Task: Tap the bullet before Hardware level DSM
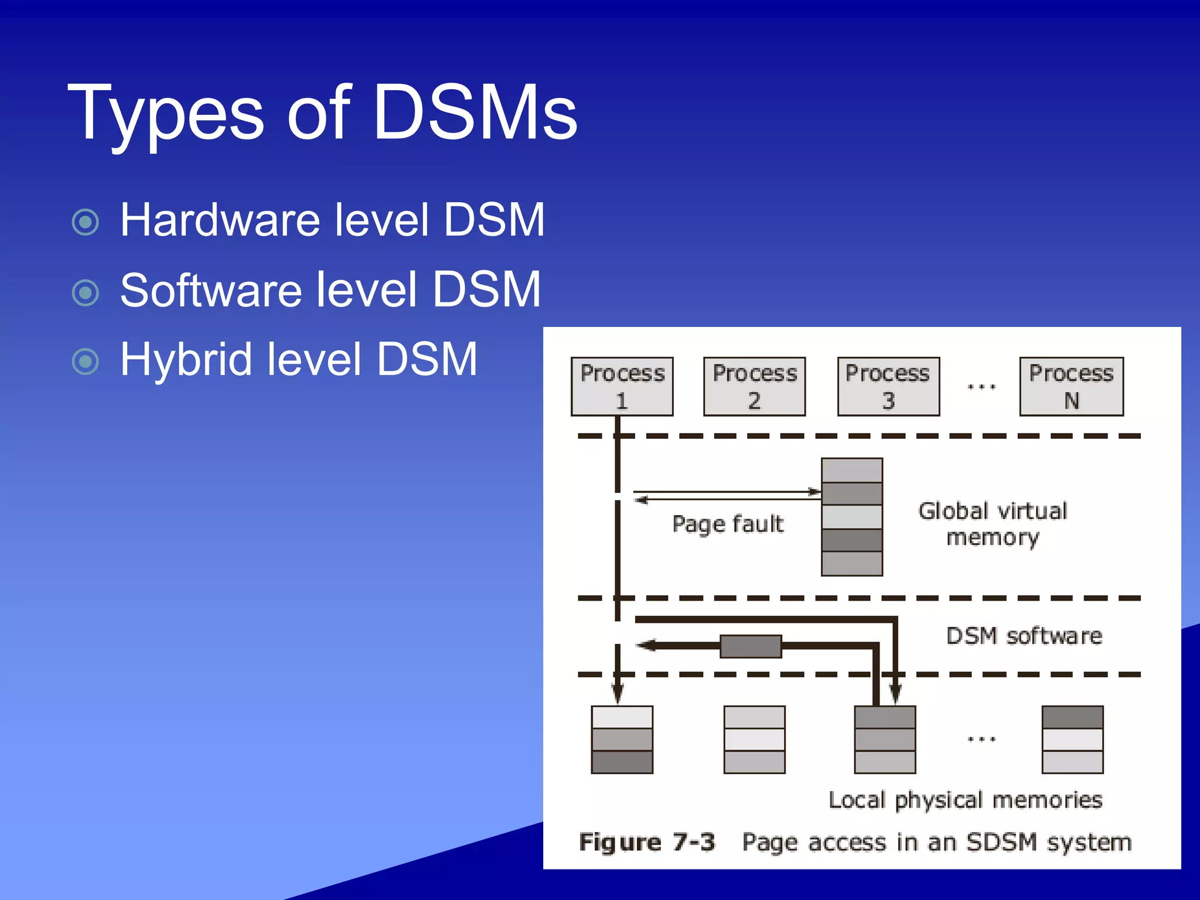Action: click(86, 222)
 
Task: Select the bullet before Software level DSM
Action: click(86, 292)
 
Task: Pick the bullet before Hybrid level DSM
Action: click(86, 362)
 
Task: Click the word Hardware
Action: click(220, 220)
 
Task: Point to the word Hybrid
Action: click(186, 360)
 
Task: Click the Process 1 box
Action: click(622, 387)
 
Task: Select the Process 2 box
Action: click(754, 387)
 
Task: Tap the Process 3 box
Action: click(888, 387)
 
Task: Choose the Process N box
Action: click(1071, 387)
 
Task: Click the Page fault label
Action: click(727, 524)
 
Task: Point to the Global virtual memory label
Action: click(993, 524)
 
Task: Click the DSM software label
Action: click(1024, 636)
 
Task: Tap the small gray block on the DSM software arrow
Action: click(751, 646)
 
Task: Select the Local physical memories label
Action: click(965, 800)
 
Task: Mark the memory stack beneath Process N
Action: click(1072, 739)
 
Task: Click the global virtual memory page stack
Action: click(852, 517)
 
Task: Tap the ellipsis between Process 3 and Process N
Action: click(981, 387)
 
